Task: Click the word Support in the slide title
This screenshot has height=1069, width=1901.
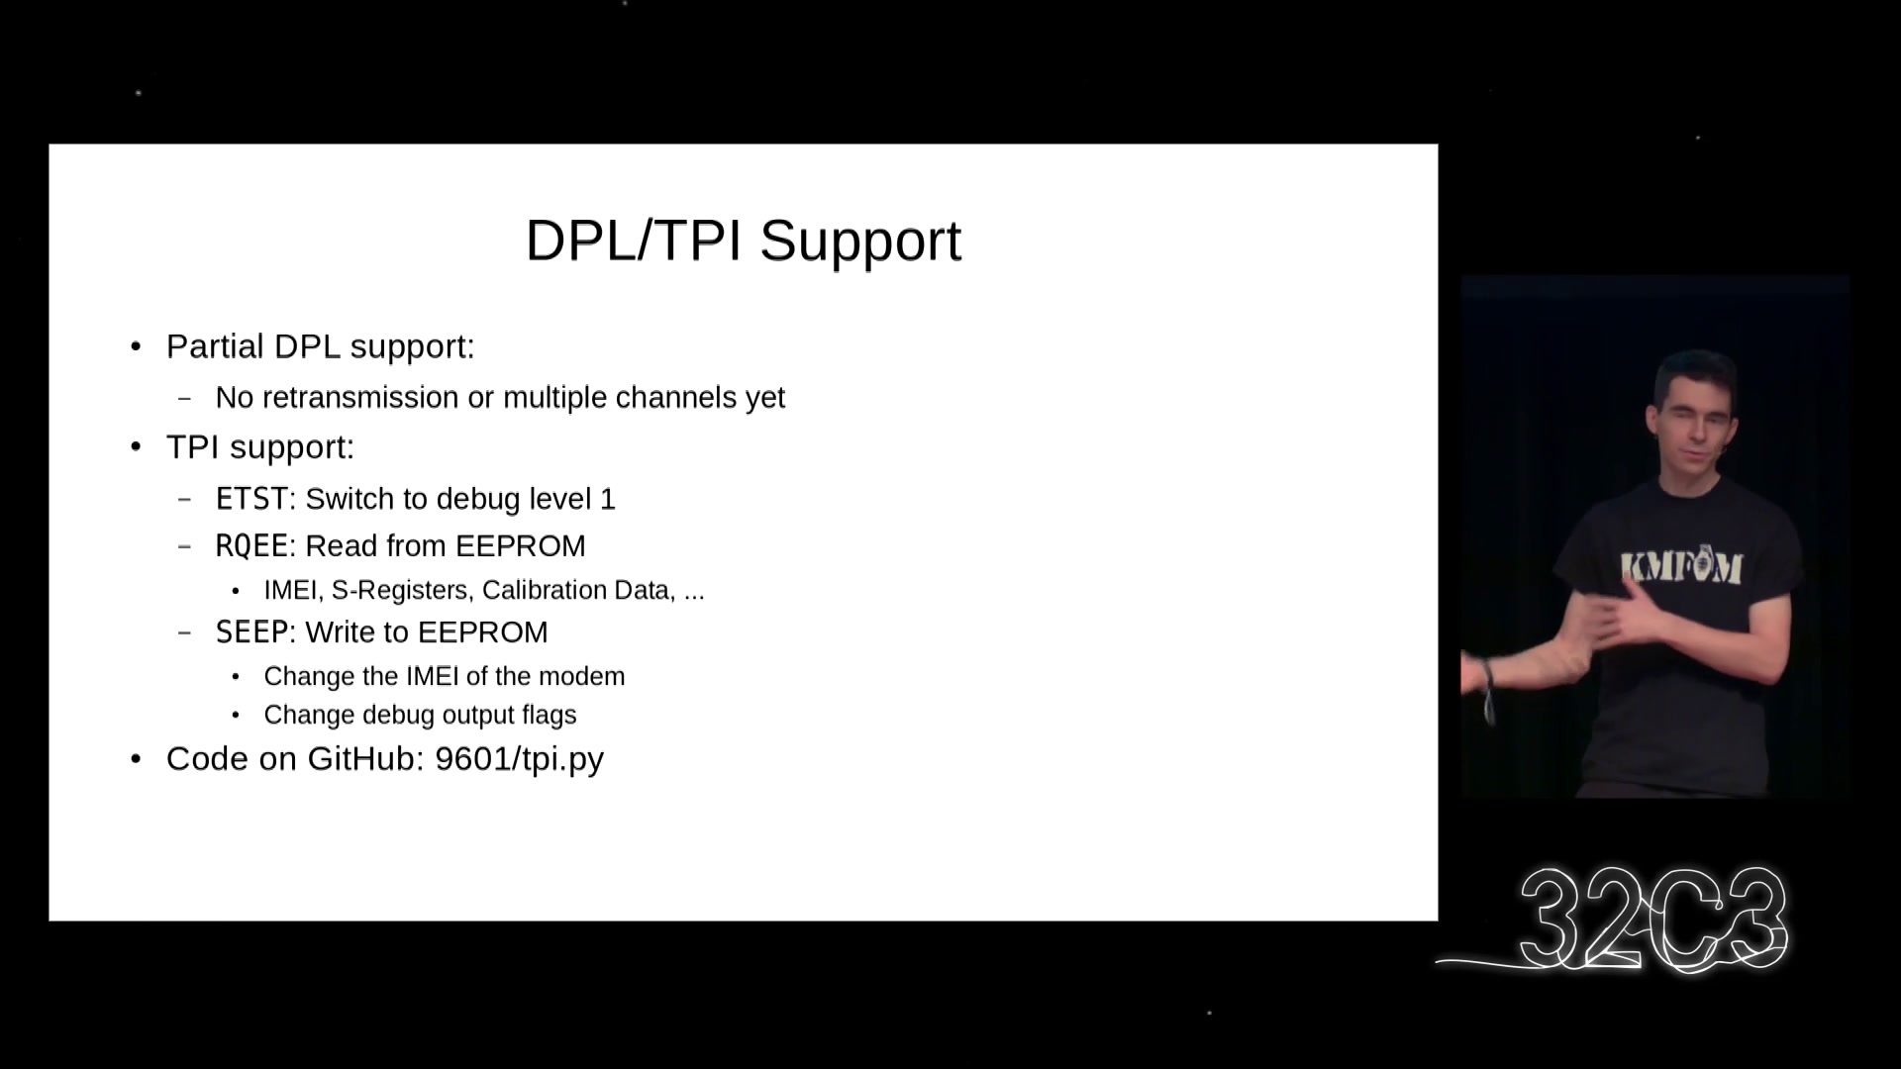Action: click(x=860, y=241)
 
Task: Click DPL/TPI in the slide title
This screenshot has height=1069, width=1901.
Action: click(x=634, y=240)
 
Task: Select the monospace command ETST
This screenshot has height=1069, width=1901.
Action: click(x=251, y=499)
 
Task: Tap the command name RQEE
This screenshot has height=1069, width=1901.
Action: click(x=251, y=546)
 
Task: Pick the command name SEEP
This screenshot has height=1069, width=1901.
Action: click(x=251, y=632)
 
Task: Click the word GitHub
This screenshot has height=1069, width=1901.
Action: click(x=365, y=758)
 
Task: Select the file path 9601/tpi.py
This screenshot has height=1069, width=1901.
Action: click(x=519, y=759)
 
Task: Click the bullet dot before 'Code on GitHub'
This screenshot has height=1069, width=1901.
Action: click(x=137, y=759)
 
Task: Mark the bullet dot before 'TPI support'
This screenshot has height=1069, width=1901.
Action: click(x=137, y=447)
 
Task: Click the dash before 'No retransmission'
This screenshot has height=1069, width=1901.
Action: click(x=184, y=399)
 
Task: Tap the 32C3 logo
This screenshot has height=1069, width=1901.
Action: click(x=1653, y=919)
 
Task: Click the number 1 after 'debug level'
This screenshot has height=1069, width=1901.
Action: click(x=608, y=499)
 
